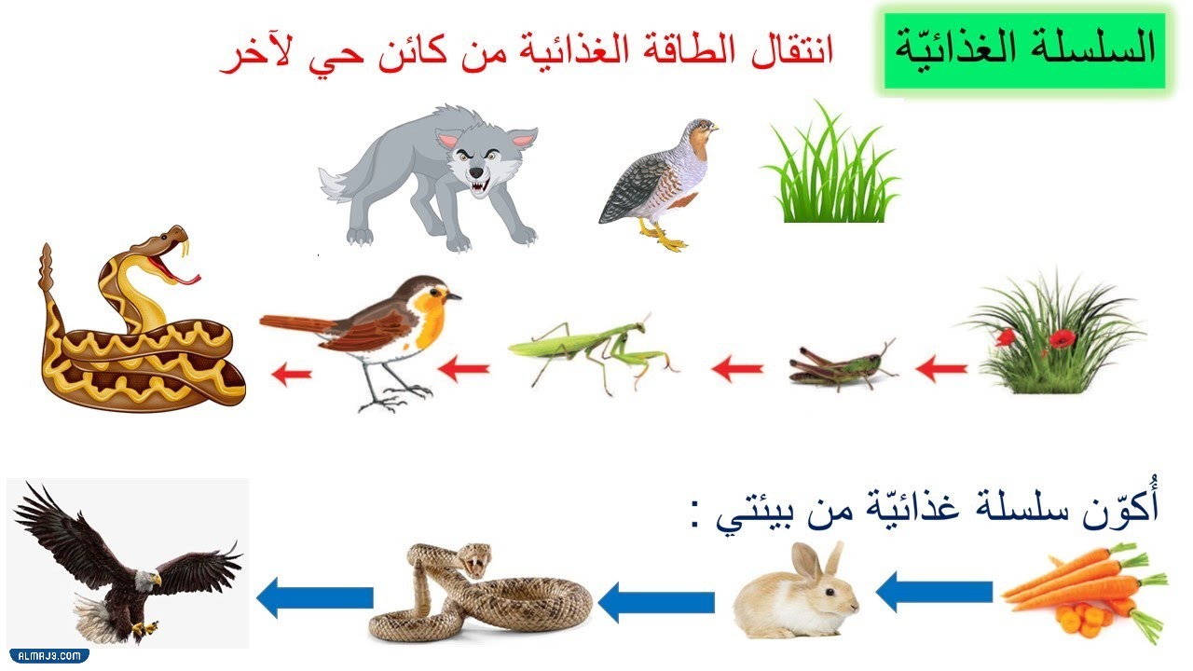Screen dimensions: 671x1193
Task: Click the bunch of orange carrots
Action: click(x=1086, y=592)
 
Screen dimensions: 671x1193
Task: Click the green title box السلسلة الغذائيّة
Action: click(x=1023, y=50)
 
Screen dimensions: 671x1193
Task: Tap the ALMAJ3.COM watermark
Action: click(x=47, y=656)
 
